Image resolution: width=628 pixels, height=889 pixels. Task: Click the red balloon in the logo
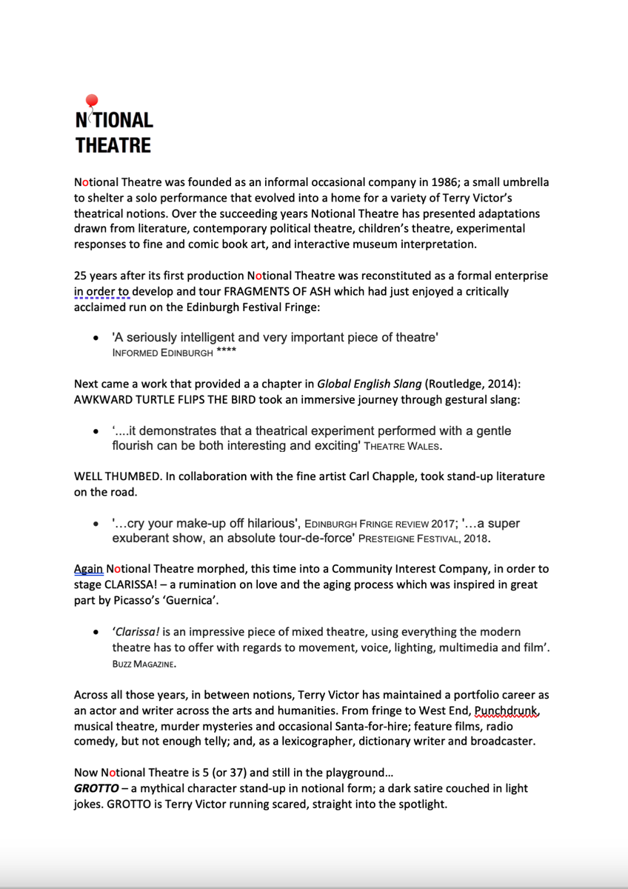(92, 101)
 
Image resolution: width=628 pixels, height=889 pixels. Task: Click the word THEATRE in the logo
(113, 144)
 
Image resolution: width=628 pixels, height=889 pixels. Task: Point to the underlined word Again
(88, 569)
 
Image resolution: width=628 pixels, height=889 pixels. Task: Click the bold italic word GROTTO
(96, 789)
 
